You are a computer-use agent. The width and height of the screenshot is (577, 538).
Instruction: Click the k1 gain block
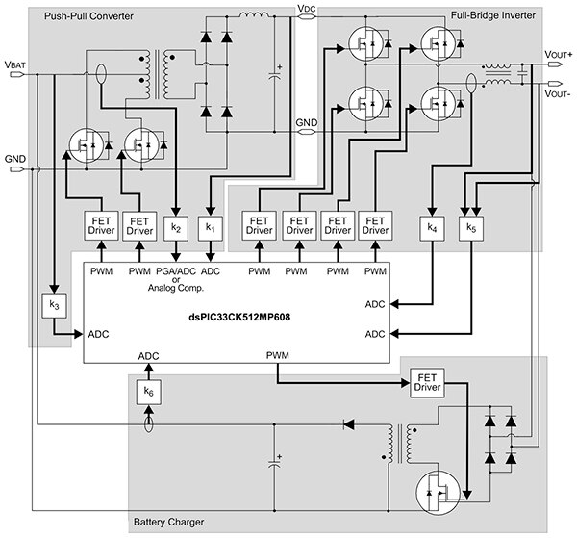point(211,228)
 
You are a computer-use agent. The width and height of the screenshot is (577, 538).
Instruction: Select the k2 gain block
point(175,228)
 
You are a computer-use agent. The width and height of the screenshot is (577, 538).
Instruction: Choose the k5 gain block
point(469,228)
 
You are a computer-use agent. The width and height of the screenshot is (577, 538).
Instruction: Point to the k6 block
point(148,392)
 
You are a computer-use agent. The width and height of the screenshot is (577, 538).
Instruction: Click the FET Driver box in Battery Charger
point(426,381)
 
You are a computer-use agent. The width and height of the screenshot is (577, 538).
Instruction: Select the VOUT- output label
point(558,94)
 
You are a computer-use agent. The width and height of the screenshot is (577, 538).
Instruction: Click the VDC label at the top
point(307,10)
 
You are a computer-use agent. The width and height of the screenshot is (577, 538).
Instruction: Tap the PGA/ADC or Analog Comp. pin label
point(175,281)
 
